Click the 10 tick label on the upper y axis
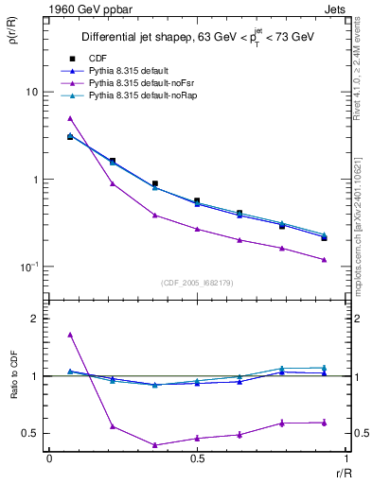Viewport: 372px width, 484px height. [x=31, y=93]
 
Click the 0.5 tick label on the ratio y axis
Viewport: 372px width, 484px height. [x=31, y=433]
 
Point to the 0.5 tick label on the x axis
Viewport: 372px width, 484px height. [x=197, y=458]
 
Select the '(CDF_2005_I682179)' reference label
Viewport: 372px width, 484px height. [x=197, y=283]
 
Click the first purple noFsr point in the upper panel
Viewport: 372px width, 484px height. [x=70, y=118]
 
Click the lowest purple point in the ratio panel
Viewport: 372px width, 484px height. [x=154, y=445]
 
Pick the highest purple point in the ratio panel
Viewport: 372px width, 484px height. [x=70, y=334]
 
